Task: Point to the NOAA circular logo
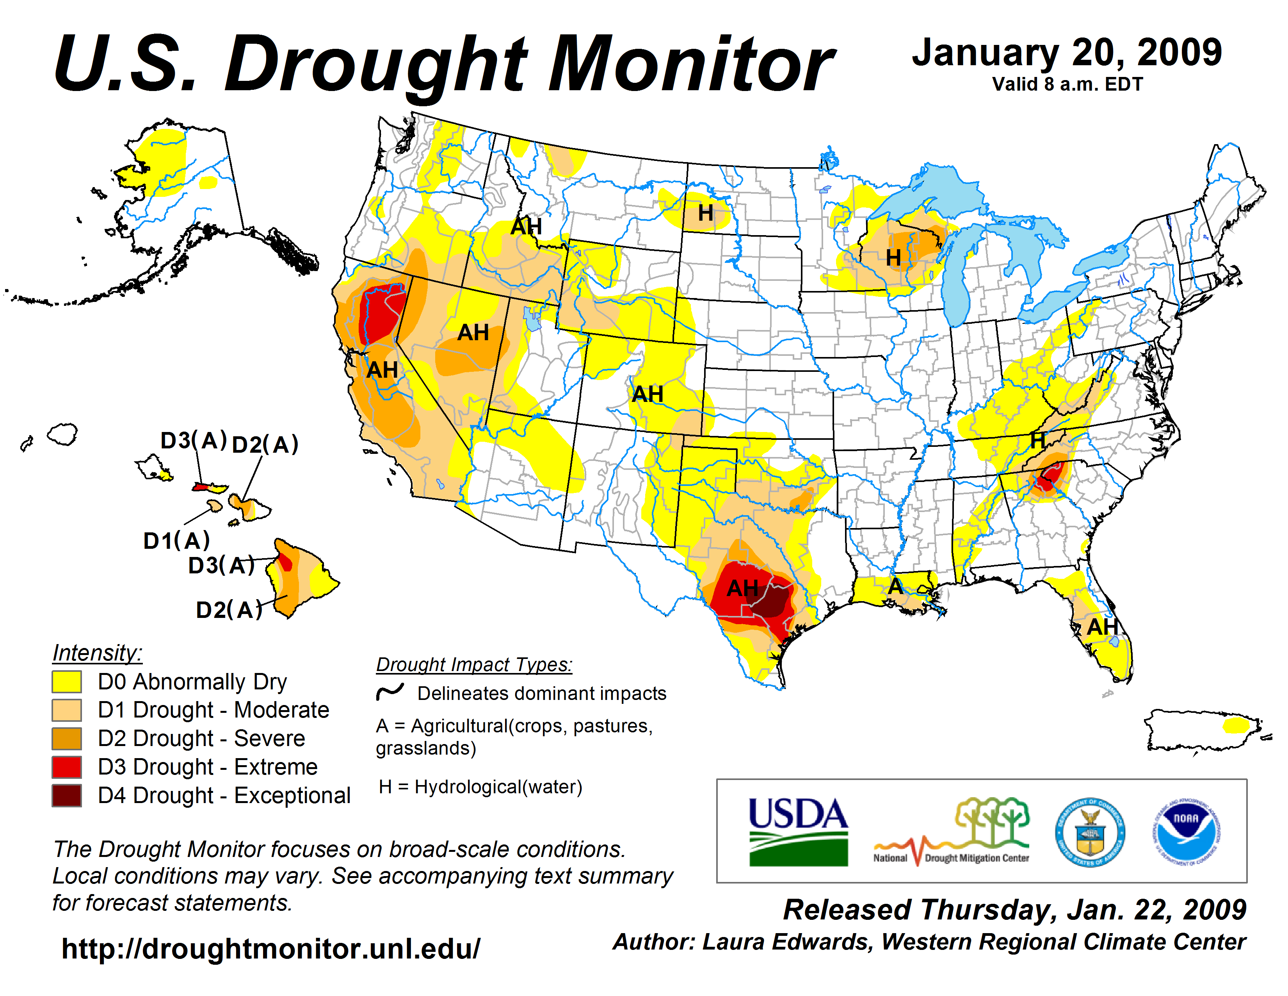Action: click(x=1186, y=832)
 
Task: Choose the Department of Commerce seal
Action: click(x=1089, y=832)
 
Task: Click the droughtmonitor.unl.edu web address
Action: click(x=271, y=949)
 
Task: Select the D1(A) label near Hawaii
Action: click(x=176, y=541)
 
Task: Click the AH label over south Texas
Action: click(x=742, y=588)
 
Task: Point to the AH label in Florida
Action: click(x=1102, y=627)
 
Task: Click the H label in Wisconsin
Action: click(x=893, y=258)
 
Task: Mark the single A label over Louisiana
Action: click(x=895, y=586)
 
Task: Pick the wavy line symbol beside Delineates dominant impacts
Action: click(x=390, y=691)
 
